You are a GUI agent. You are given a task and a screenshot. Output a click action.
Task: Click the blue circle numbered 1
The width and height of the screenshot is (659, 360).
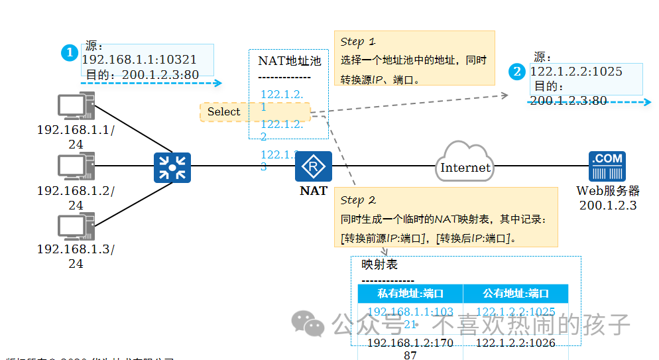(70, 53)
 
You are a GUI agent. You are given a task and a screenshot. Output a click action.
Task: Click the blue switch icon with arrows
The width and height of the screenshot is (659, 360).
(172, 167)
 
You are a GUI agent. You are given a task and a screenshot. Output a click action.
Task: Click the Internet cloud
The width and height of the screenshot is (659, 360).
(465, 166)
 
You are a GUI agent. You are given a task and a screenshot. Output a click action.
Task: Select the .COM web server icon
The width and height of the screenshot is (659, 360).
(607, 166)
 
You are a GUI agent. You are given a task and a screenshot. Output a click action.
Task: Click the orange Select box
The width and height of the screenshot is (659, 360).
(224, 112)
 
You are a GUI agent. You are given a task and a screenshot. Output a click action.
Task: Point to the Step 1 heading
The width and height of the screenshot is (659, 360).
(358, 42)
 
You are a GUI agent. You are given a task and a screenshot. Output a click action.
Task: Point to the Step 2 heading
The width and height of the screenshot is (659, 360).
(358, 200)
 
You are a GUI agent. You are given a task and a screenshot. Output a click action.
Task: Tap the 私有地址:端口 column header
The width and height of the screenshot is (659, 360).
(410, 294)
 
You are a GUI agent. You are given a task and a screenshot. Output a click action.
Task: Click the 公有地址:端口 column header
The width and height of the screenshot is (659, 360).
(515, 294)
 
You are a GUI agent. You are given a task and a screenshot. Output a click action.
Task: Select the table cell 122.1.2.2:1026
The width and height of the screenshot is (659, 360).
(515, 343)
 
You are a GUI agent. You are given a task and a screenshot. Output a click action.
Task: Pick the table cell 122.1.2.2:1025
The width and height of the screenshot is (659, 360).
(515, 312)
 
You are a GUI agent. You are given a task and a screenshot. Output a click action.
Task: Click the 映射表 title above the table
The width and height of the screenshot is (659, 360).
(379, 265)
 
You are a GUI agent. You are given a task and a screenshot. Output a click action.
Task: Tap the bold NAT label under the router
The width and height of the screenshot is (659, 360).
(313, 191)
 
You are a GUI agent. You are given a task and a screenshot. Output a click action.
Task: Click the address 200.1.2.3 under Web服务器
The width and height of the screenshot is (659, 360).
(608, 206)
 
